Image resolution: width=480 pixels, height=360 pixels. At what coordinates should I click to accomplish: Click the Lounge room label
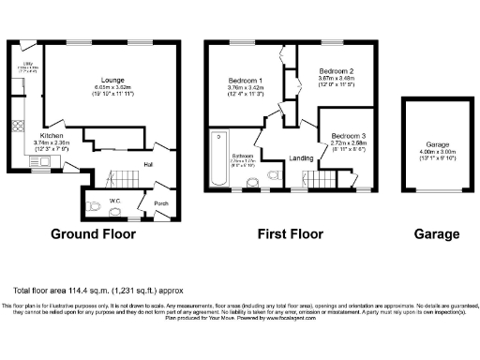pyautogui.click(x=114, y=80)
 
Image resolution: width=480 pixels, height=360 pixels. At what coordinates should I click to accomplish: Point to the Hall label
pyautogui.click(x=148, y=165)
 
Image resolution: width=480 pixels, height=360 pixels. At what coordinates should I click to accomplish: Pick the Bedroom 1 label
pyautogui.click(x=246, y=81)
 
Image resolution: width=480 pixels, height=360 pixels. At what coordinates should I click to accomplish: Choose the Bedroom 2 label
pyautogui.click(x=335, y=71)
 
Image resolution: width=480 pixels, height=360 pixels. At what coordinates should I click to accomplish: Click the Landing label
pyautogui.click(x=302, y=158)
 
